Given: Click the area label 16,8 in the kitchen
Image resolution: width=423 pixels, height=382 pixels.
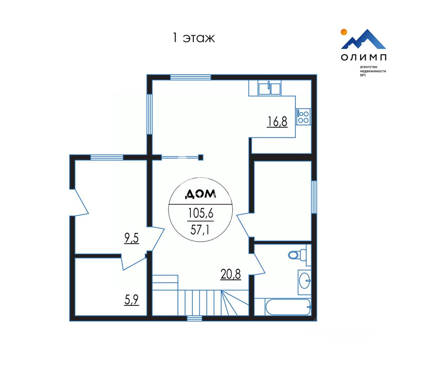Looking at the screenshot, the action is (x=277, y=122).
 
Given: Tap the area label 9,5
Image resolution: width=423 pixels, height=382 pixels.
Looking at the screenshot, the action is (x=132, y=238).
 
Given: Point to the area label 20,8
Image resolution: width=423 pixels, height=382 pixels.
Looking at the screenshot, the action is (x=231, y=274).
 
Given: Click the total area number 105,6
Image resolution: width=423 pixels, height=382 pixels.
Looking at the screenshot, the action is (x=201, y=213).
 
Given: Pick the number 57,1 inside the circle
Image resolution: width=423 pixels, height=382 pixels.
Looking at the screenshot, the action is (x=200, y=229).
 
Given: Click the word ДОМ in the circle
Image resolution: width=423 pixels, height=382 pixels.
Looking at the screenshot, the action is (x=200, y=194).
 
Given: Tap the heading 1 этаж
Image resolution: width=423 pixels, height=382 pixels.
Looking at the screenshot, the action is (x=194, y=38).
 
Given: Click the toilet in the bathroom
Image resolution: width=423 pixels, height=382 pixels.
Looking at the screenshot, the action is (x=297, y=255).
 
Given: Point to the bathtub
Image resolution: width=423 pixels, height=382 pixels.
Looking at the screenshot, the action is (x=288, y=307).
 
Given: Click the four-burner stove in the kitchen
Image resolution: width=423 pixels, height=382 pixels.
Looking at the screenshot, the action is (x=303, y=117).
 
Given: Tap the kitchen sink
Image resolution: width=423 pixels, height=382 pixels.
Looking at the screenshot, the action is (x=270, y=89).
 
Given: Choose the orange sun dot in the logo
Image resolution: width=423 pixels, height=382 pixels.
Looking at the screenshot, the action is (x=344, y=32).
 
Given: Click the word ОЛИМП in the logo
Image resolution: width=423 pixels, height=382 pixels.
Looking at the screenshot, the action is (x=364, y=57).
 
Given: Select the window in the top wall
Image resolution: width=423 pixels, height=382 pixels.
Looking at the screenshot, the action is (x=190, y=77).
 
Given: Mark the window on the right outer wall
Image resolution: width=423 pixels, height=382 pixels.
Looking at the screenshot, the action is (x=314, y=197).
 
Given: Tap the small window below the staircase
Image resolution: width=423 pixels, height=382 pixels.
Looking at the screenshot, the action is (x=194, y=318).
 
